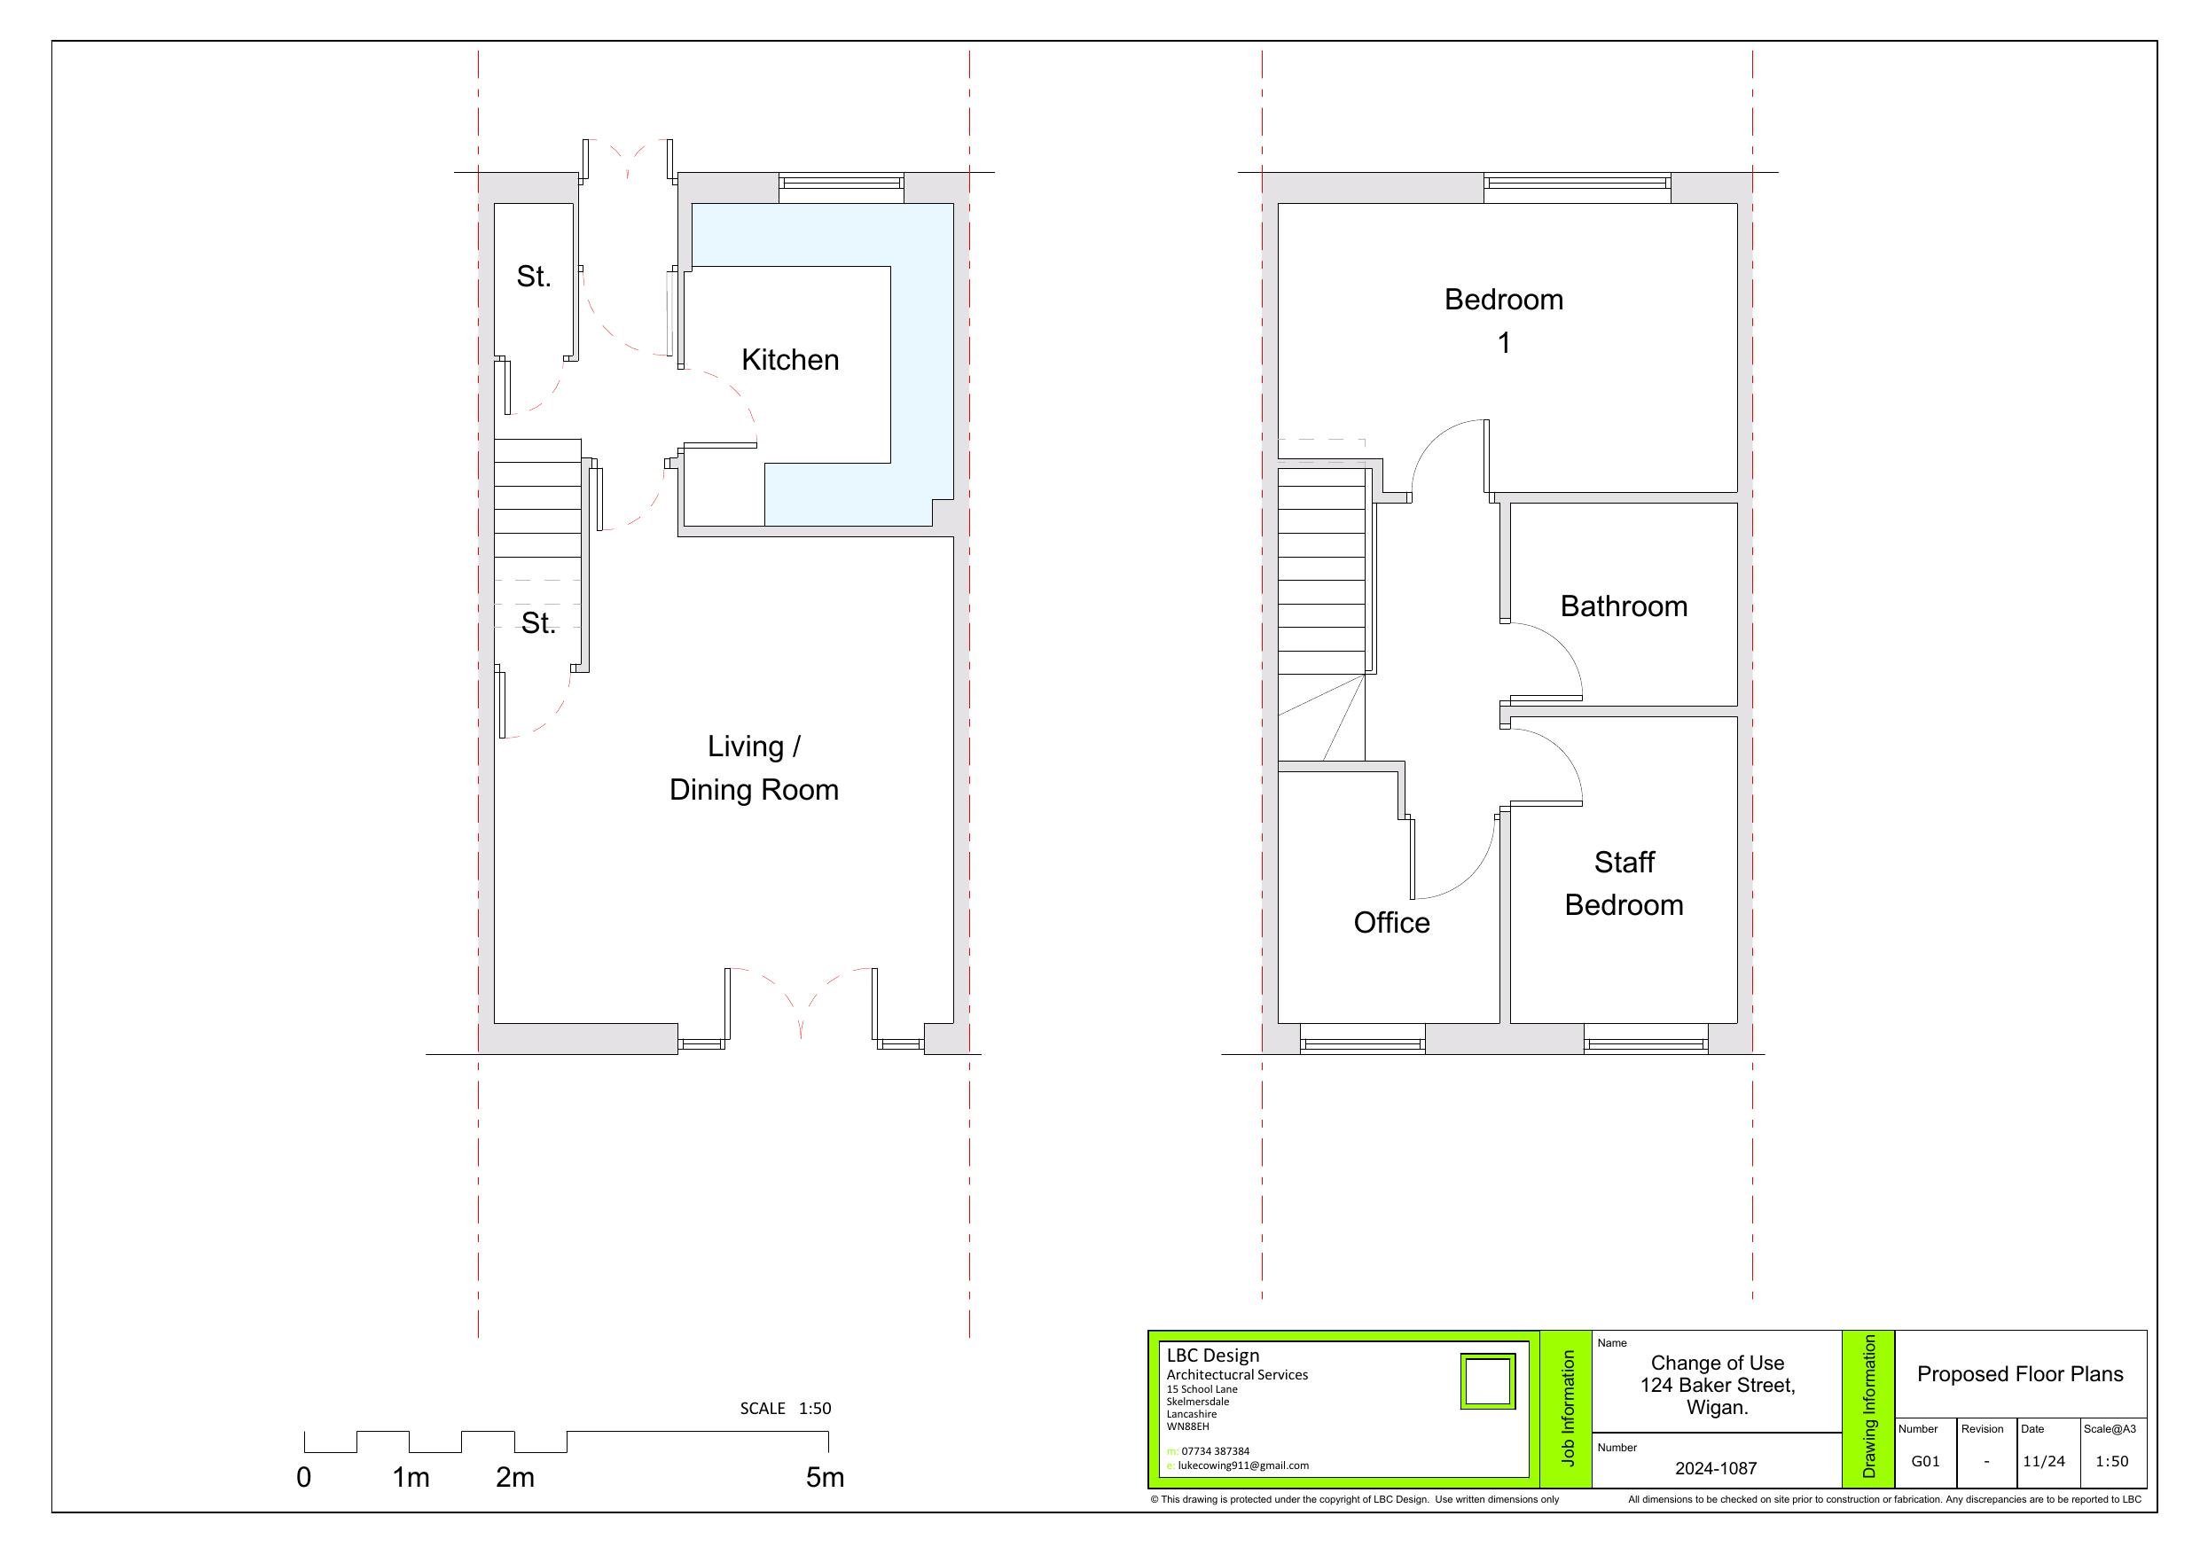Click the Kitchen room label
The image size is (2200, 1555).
tap(789, 360)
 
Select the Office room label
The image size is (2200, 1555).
tap(1391, 923)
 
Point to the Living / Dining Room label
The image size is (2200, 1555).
tap(754, 769)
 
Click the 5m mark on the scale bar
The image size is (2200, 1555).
tap(825, 1477)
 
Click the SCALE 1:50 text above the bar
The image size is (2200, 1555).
tap(786, 1409)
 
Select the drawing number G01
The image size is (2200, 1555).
tap(1925, 1461)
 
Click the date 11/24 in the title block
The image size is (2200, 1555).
tap(2044, 1461)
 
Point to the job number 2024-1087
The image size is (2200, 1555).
tap(1716, 1468)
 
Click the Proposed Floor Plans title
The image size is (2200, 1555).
tap(2020, 1374)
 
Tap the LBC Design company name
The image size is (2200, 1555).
tap(1213, 1356)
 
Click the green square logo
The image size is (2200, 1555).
tap(1487, 1380)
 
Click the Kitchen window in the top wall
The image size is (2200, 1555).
tap(842, 188)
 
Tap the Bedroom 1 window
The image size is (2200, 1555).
tap(1578, 188)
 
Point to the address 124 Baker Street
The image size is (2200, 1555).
tap(1717, 1386)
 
